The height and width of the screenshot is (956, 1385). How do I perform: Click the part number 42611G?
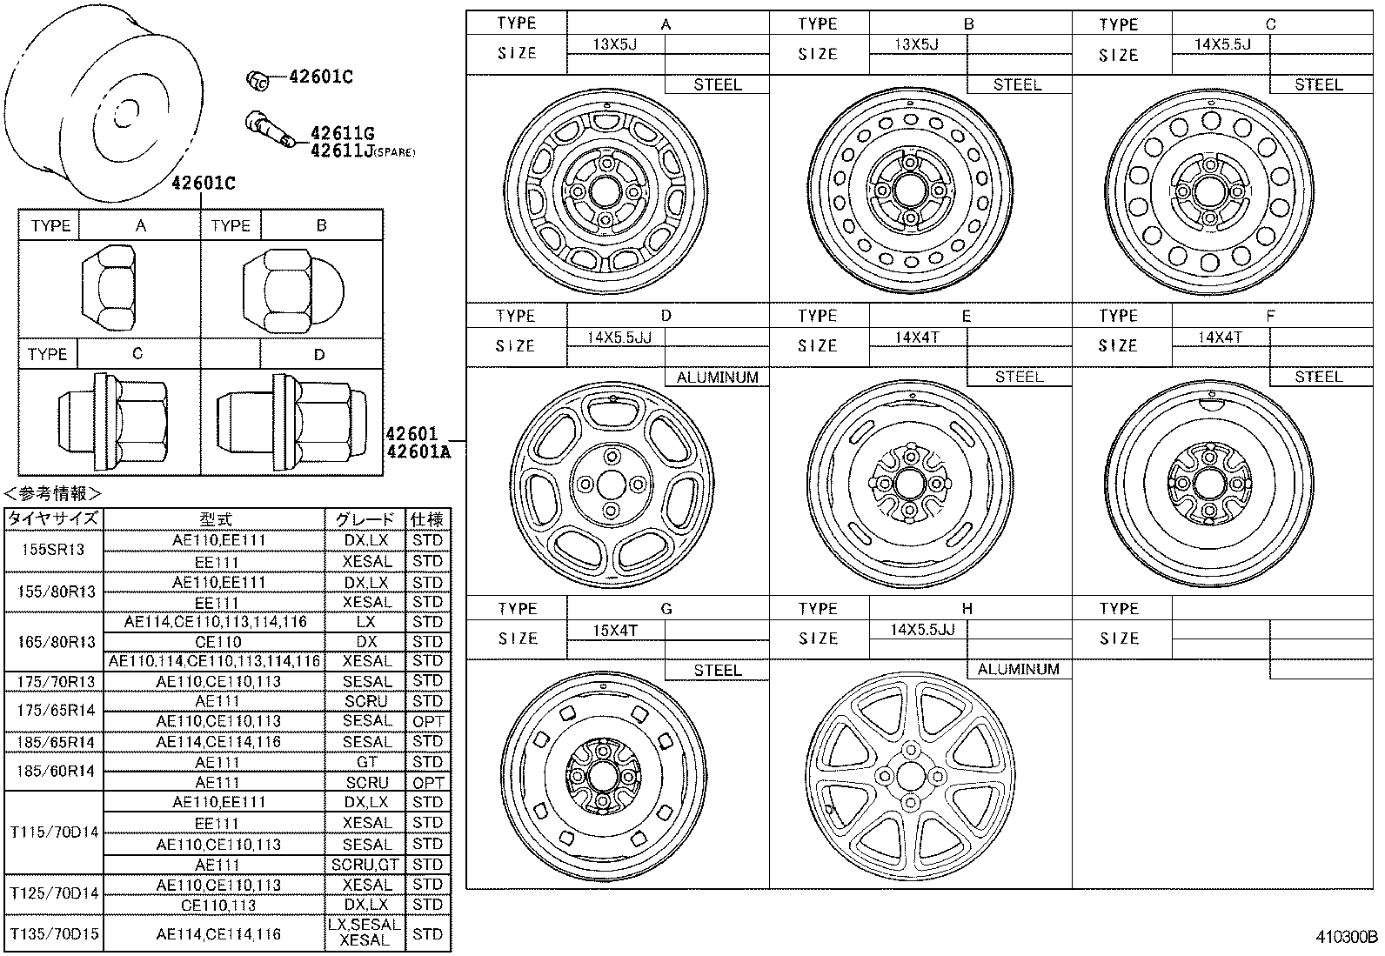pyautogui.click(x=342, y=133)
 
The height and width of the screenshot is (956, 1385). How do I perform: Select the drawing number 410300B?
pyautogui.click(x=1346, y=937)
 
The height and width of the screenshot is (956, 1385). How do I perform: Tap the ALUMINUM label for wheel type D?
pyautogui.click(x=717, y=378)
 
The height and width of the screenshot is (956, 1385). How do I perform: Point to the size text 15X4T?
pyautogui.click(x=615, y=630)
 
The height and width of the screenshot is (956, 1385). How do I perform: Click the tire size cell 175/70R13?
pyautogui.click(x=54, y=681)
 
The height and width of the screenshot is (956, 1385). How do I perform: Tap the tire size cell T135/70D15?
pyautogui.click(x=54, y=934)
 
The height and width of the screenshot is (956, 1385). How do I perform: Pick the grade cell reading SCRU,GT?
pyautogui.click(x=365, y=865)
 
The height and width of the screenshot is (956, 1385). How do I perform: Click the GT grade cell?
pyautogui.click(x=366, y=762)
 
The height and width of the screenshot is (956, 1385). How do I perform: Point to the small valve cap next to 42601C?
pyautogui.click(x=258, y=79)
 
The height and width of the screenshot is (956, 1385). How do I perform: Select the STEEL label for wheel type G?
pyautogui.click(x=717, y=671)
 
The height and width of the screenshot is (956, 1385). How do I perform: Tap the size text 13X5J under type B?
pyautogui.click(x=916, y=43)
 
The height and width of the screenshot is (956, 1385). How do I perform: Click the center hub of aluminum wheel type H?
pyautogui.click(x=911, y=775)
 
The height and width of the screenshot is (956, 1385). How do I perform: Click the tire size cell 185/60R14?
pyautogui.click(x=54, y=772)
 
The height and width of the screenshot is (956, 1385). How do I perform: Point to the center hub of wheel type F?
pyautogui.click(x=1210, y=483)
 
